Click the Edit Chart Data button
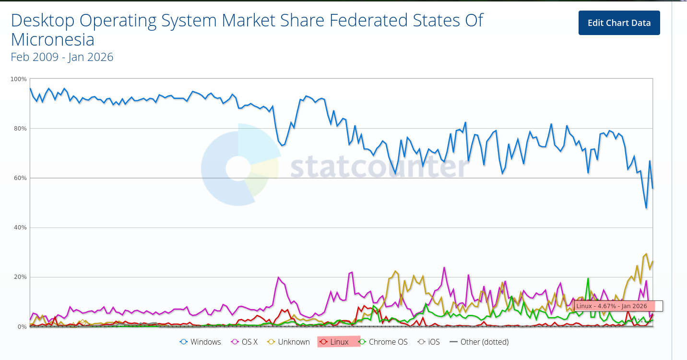point(619,23)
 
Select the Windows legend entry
point(201,342)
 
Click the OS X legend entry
point(245,342)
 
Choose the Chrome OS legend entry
point(383,342)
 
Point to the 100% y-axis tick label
point(18,79)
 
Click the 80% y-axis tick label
point(20,128)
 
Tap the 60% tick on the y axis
point(20,178)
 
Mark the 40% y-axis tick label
point(20,228)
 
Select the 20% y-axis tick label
point(20,277)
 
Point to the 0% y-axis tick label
point(22,327)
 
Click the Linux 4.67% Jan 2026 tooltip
point(618,306)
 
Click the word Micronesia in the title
point(52,39)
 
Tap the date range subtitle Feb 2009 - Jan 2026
point(62,57)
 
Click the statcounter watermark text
point(379,167)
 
